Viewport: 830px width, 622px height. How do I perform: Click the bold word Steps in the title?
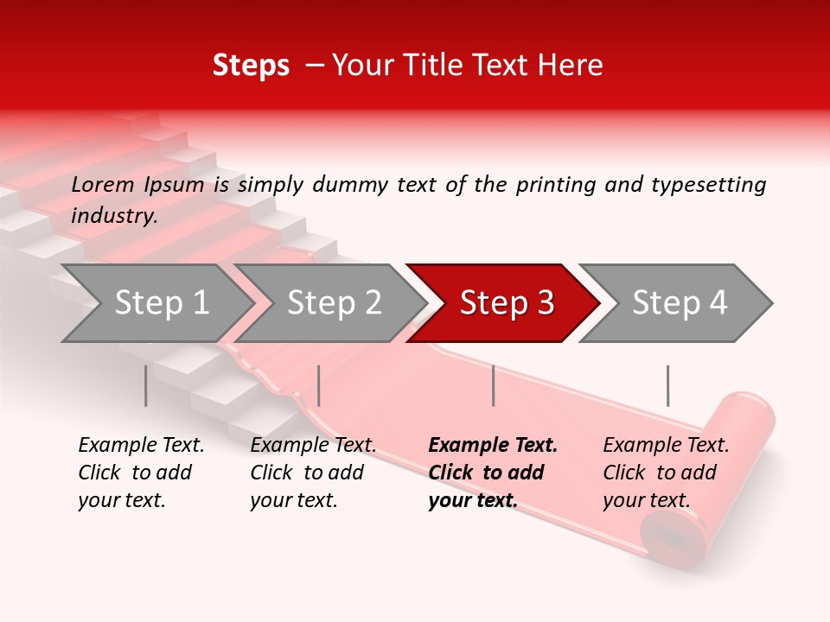click(x=251, y=65)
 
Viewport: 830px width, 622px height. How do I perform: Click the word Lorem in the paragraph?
click(x=103, y=184)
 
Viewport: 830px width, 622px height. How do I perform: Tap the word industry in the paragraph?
click(x=114, y=216)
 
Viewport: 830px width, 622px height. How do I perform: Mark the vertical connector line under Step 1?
click(x=145, y=385)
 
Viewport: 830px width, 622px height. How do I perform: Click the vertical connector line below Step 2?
click(x=319, y=385)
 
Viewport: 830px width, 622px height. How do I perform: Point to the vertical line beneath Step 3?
click(x=493, y=385)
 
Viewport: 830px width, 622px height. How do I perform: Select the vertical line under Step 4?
click(x=667, y=385)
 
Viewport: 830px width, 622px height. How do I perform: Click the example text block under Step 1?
click(x=141, y=473)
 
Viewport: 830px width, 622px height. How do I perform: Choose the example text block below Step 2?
click(x=313, y=473)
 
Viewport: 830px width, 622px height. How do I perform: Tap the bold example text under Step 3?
click(x=493, y=473)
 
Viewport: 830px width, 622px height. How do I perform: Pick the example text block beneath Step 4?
click(x=666, y=473)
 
